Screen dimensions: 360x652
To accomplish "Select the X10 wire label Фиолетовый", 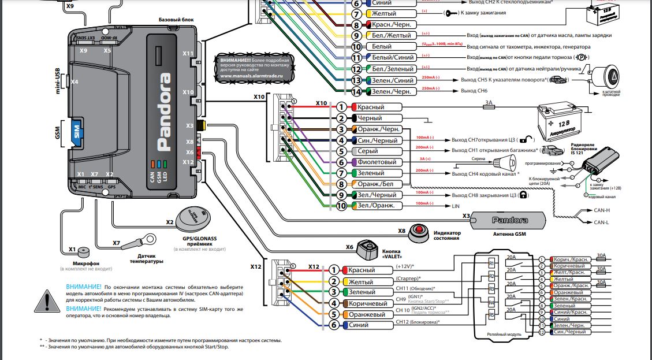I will coord(377,162).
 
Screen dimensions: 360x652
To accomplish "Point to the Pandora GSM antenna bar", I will coord(508,220).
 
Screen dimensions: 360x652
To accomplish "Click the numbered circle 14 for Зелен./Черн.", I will coord(357,91).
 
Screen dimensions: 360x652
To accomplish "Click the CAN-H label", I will coord(602,210).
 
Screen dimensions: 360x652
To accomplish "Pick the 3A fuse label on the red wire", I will coord(489,102).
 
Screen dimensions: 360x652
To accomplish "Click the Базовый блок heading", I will coord(176,19).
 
